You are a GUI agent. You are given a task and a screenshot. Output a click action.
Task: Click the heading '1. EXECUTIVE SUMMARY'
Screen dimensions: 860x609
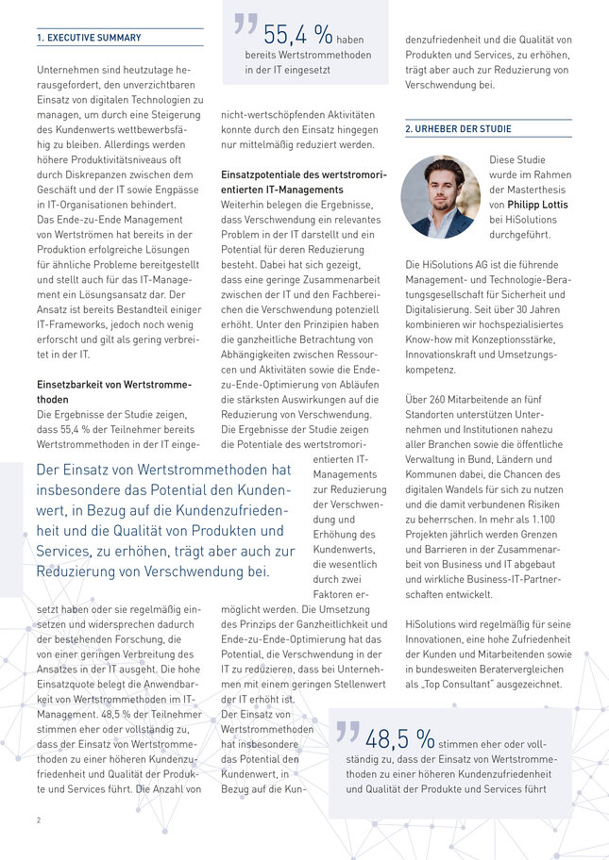pos(89,38)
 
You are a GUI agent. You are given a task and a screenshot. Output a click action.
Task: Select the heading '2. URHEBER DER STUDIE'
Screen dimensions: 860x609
pos(458,128)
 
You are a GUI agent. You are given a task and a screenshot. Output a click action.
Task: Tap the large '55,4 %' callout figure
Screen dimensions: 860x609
pos(297,36)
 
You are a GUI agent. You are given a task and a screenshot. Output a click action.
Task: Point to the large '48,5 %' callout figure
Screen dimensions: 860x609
pos(399,737)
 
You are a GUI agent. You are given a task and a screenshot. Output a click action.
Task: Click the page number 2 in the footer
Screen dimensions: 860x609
pos(39,820)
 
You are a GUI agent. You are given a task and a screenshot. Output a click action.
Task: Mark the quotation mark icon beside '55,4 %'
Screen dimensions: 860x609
pos(245,26)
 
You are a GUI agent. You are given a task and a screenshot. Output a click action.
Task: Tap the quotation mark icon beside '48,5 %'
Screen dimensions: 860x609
pos(347,731)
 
